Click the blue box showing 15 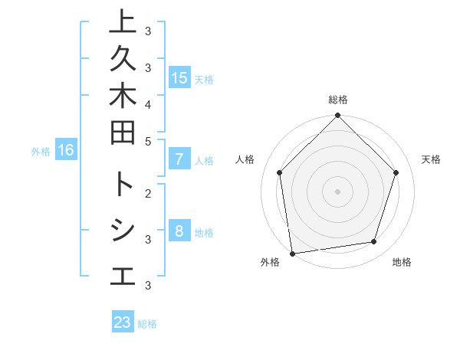[x=179, y=77]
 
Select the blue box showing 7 [x=179, y=160]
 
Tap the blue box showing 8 [x=179, y=231]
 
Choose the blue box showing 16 [x=66, y=150]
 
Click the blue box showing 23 [x=123, y=322]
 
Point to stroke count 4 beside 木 [x=147, y=103]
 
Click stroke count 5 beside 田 [x=147, y=141]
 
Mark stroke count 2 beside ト [x=147, y=192]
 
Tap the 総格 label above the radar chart [x=337, y=100]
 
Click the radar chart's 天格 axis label [x=431, y=159]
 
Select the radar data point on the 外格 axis [x=292, y=253]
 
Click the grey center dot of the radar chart [x=337, y=191]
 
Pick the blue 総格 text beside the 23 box [x=147, y=324]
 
